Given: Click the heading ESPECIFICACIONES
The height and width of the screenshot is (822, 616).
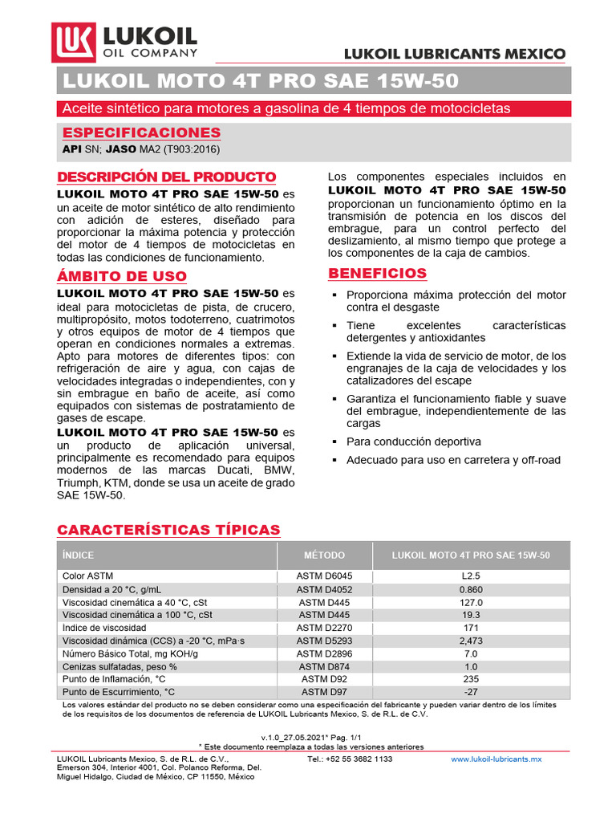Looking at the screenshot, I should (x=141, y=132).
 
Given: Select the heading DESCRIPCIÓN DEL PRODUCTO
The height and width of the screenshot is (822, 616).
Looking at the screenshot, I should (x=166, y=177).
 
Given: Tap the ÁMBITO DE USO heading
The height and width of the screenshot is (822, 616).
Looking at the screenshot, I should (x=121, y=276).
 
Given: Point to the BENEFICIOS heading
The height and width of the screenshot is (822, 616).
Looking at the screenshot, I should (x=378, y=274).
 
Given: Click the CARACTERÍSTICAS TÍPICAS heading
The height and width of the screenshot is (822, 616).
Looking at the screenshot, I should (x=168, y=530).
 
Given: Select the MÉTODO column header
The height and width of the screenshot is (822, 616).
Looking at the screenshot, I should (x=324, y=555).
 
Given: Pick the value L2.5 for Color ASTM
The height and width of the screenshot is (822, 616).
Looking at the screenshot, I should (x=470, y=576).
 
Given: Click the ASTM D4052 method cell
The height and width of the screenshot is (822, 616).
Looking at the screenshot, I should (x=324, y=589).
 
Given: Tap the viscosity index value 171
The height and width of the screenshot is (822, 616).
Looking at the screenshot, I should (x=470, y=627).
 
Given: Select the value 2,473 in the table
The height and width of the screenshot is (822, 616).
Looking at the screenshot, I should (x=470, y=641).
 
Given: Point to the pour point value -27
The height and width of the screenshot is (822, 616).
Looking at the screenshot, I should (x=470, y=692).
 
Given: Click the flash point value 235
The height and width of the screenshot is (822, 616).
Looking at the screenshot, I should (x=470, y=679).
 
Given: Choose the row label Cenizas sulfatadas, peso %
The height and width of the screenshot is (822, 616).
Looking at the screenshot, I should (x=120, y=666).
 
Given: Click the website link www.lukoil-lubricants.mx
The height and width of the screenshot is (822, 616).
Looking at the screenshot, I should (x=496, y=759).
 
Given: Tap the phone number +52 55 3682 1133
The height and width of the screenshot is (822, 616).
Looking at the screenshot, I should (x=350, y=759).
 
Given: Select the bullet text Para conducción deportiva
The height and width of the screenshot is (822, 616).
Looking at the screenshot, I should (x=413, y=442).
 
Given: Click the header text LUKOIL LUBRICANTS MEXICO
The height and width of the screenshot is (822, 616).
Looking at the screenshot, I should (x=455, y=54).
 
